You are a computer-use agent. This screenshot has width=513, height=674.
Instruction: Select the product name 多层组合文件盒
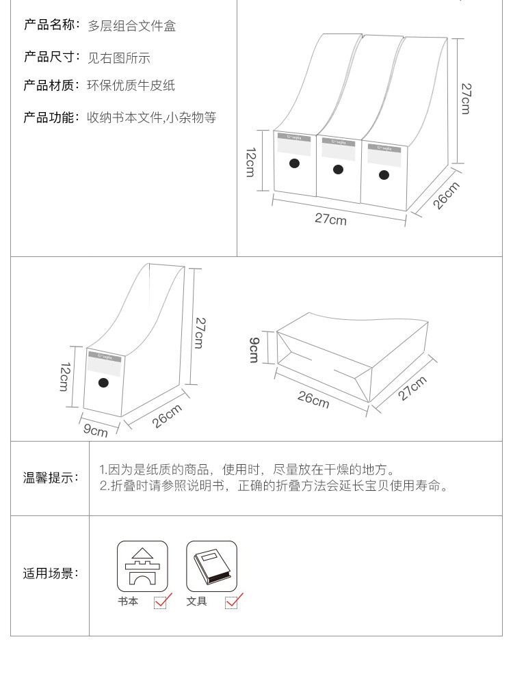pyautogui.click(x=131, y=26)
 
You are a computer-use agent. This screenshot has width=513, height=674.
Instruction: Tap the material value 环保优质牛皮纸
pyautogui.click(x=131, y=85)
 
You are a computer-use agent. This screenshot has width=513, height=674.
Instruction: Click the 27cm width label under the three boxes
pyautogui.click(x=330, y=219)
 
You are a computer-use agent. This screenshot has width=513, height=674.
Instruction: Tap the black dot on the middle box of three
pyautogui.click(x=338, y=169)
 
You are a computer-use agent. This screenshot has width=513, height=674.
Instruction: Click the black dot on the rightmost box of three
pyautogui.click(x=384, y=175)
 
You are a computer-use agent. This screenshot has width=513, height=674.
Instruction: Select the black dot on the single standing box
pyautogui.click(x=103, y=383)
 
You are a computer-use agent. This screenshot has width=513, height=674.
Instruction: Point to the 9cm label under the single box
pyautogui.click(x=96, y=431)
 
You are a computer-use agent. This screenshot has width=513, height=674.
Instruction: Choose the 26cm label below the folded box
pyautogui.click(x=313, y=399)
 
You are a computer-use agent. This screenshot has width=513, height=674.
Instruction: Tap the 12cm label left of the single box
pyautogui.click(x=64, y=377)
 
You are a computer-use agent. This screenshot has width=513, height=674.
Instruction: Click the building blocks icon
pyautogui.click(x=142, y=566)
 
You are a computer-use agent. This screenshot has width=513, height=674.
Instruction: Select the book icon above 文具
pyautogui.click(x=211, y=566)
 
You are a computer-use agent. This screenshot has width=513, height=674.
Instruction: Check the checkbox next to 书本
pyautogui.click(x=161, y=602)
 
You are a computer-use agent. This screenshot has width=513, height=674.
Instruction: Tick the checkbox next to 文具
pyautogui.click(x=233, y=602)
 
